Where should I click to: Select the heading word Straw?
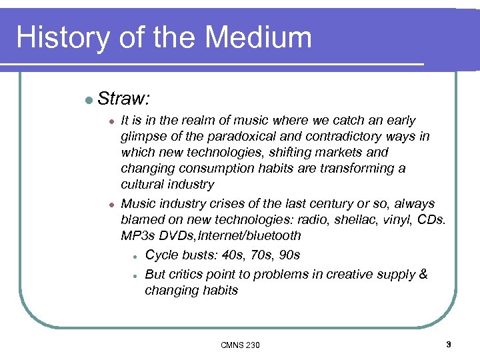click(123, 99)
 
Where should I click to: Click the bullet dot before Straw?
click(89, 100)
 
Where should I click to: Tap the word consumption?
click(211, 169)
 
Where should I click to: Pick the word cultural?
click(142, 185)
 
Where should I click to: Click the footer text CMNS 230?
click(240, 345)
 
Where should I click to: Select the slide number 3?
click(449, 344)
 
